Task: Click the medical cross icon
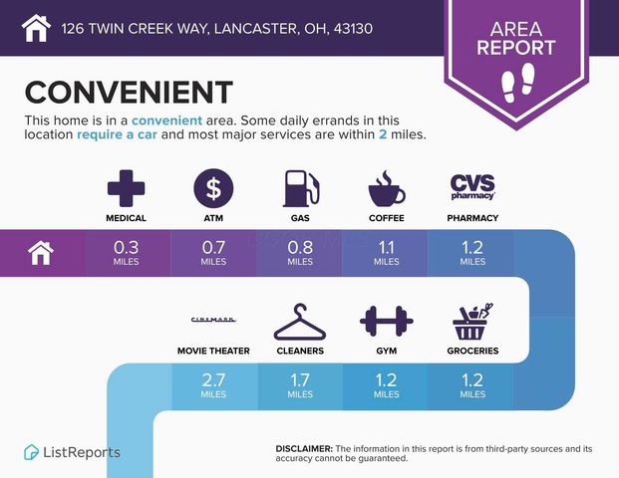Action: (126, 188)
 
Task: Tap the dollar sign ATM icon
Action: (212, 188)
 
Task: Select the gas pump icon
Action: (298, 188)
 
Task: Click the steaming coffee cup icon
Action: (387, 188)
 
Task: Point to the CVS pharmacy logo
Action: (472, 186)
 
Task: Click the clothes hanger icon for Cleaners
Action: (299, 323)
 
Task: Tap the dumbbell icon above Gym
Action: (386, 322)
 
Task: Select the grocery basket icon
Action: (472, 321)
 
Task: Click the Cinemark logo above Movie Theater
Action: (213, 320)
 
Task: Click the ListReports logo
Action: (72, 452)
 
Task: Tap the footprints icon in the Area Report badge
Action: (522, 84)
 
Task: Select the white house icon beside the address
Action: (36, 27)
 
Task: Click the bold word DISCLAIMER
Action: (303, 449)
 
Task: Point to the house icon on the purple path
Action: (41, 253)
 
